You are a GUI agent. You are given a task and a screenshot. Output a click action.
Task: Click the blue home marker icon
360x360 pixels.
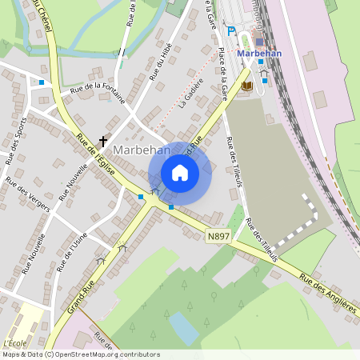click(x=180, y=172)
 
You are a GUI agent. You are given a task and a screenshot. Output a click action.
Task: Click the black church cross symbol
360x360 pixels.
click(x=102, y=142)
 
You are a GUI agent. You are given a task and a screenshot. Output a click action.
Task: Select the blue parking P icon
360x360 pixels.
click(x=231, y=31)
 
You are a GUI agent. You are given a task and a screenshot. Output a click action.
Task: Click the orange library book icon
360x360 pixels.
click(x=246, y=85)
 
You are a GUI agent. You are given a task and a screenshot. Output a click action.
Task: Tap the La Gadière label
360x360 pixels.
click(x=191, y=92)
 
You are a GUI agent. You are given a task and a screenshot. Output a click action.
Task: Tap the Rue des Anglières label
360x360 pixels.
click(x=329, y=297)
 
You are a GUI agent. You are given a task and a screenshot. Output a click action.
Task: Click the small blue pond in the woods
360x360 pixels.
click(x=183, y=327)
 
